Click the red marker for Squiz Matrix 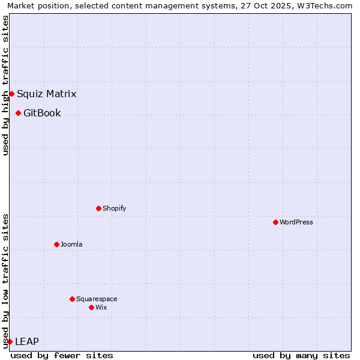pos(11,94)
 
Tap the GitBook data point pos(18,113)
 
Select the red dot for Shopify pos(98,208)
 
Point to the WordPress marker pos(275,222)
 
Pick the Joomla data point pos(56,244)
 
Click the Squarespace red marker pos(72,299)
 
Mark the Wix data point pos(91,307)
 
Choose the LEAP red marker pos(10,341)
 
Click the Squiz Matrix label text pos(46,94)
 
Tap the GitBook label pos(42,113)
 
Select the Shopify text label pos(114,208)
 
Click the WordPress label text pos(296,222)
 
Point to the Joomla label pos(71,244)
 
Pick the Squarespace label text pos(97,299)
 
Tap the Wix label pos(101,307)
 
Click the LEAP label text pos(26,341)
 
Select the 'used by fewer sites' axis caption pos(62,355)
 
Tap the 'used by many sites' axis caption pos(301,355)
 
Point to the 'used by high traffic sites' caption pos(5,85)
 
